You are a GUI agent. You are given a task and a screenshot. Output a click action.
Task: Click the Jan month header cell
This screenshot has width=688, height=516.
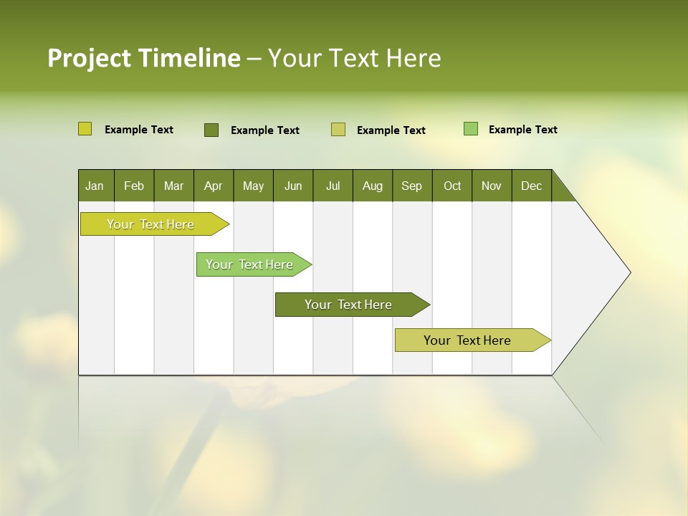pyautogui.click(x=95, y=186)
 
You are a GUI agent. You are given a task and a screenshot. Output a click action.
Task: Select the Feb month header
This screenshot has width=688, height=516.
pyautogui.click(x=134, y=186)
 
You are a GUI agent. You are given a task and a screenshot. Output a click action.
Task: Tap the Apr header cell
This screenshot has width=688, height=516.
pyautogui.click(x=214, y=186)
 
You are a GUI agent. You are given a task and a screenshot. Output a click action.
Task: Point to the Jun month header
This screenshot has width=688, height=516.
pyautogui.click(x=293, y=186)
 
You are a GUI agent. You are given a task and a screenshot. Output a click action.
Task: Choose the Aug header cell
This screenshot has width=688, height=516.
pyautogui.click(x=373, y=186)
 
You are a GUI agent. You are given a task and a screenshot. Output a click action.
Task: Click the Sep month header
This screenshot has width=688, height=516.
pyautogui.click(x=412, y=186)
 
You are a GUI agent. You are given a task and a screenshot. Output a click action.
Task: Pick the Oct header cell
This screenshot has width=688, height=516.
pyautogui.click(x=452, y=186)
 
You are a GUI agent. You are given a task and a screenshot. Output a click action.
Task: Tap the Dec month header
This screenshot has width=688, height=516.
pyautogui.click(x=532, y=186)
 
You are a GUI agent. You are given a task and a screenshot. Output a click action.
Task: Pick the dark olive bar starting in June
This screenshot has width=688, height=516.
pyautogui.click(x=349, y=305)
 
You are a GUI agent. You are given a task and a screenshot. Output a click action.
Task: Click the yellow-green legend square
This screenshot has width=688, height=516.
pyautogui.click(x=85, y=129)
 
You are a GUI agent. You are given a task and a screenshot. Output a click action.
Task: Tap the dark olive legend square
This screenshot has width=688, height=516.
pyautogui.click(x=211, y=130)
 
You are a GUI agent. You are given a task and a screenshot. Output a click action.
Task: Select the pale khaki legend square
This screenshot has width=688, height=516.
pyautogui.click(x=338, y=130)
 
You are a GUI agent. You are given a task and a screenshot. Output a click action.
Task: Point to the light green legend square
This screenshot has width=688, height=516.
pyautogui.click(x=471, y=129)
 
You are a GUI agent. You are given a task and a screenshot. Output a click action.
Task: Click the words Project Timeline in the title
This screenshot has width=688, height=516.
pyautogui.click(x=144, y=58)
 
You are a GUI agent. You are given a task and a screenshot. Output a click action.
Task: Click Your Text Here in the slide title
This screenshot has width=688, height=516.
pyautogui.click(x=355, y=58)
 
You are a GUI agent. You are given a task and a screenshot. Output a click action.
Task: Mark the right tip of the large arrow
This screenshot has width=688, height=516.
pyautogui.click(x=629, y=272)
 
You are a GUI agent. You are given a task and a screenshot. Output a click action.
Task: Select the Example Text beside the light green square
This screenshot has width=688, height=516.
pyautogui.click(x=522, y=130)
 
